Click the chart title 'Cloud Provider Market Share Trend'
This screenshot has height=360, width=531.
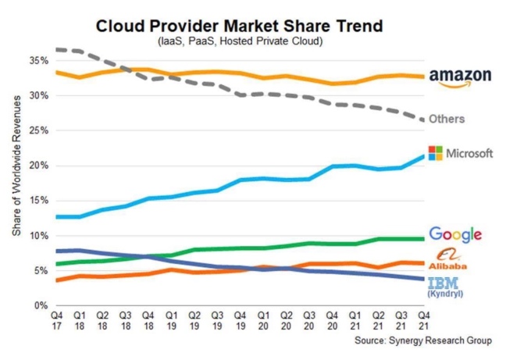[x=239, y=26]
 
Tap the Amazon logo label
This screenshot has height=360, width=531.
[x=461, y=77]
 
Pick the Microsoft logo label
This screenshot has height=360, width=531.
[x=462, y=153]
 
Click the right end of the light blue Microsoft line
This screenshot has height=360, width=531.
[x=422, y=156]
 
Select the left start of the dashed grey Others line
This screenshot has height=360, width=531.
[x=57, y=49]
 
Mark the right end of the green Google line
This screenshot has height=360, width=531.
[x=422, y=238]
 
